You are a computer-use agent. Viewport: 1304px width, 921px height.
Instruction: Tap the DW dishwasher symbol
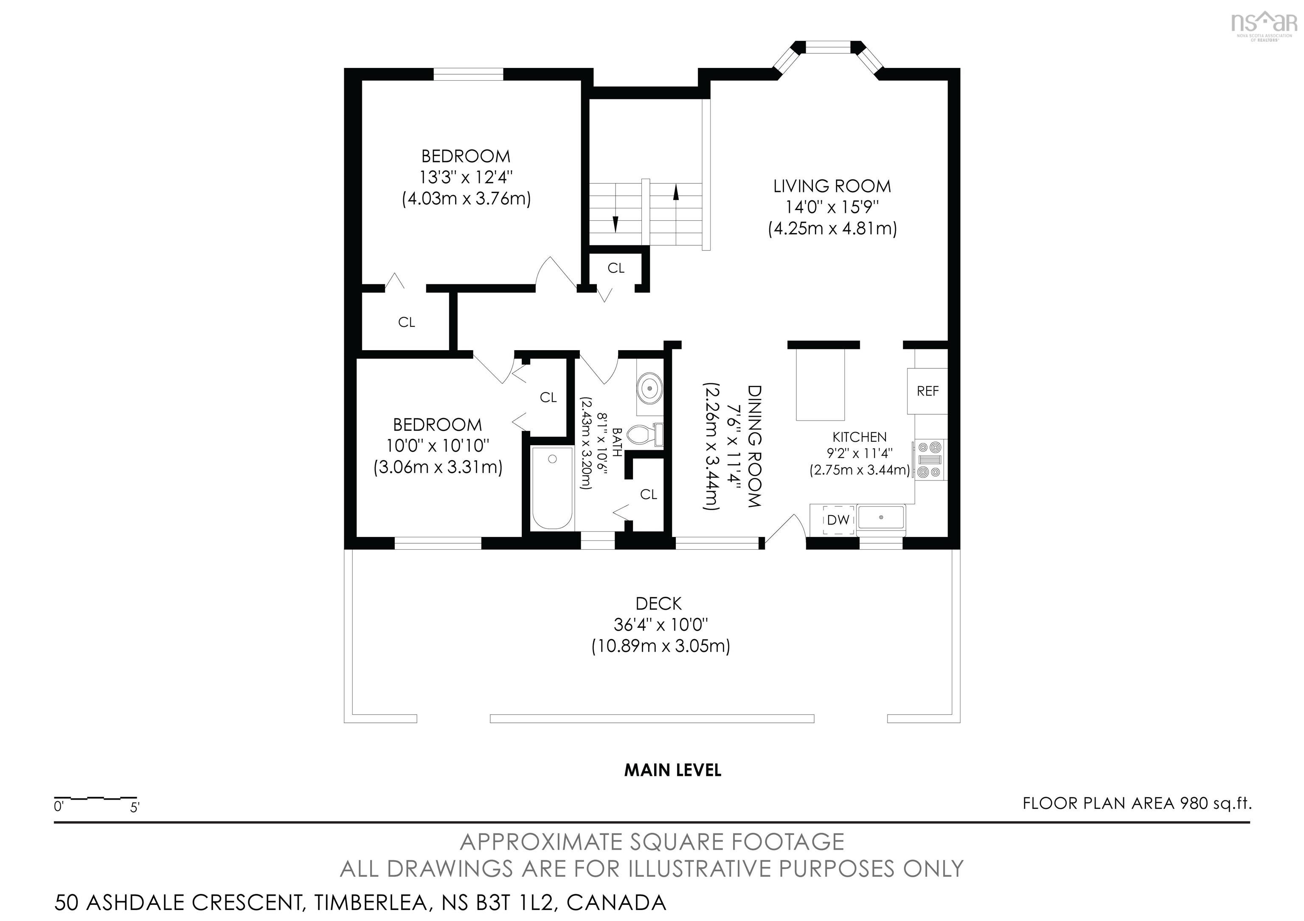[838, 519]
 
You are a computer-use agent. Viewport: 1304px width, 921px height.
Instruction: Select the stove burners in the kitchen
[930, 460]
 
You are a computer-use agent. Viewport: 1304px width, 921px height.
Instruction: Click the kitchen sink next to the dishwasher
[881, 518]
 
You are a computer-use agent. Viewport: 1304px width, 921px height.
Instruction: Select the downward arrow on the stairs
[615, 224]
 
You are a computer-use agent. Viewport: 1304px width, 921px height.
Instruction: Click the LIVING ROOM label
[832, 186]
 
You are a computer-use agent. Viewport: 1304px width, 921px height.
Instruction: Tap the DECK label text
[658, 603]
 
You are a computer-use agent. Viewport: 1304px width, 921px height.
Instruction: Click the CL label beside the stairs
[615, 268]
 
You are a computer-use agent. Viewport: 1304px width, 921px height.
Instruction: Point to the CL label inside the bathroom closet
[648, 494]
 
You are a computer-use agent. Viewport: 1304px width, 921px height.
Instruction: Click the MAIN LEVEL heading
[672, 770]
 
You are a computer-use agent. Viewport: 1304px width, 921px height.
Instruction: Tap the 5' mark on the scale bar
[135, 807]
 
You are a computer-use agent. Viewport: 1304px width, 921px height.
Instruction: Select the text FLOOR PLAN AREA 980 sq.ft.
[1136, 803]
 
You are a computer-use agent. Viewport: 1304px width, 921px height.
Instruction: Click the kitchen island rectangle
[820, 385]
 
